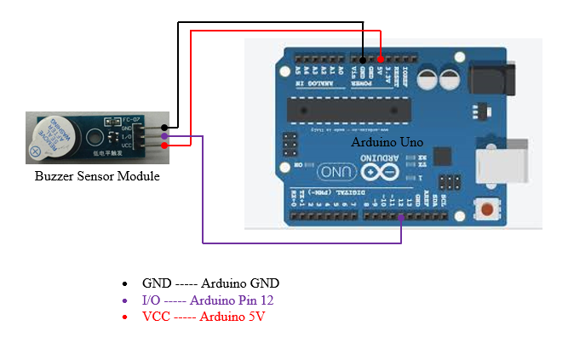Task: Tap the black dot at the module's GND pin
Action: [164, 127]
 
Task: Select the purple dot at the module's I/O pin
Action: [164, 135]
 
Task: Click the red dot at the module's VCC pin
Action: [164, 145]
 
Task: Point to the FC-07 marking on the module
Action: [131, 118]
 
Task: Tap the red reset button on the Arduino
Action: [488, 209]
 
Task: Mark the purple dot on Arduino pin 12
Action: [401, 217]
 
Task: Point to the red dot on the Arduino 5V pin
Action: [381, 60]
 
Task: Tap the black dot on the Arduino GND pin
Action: [363, 60]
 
